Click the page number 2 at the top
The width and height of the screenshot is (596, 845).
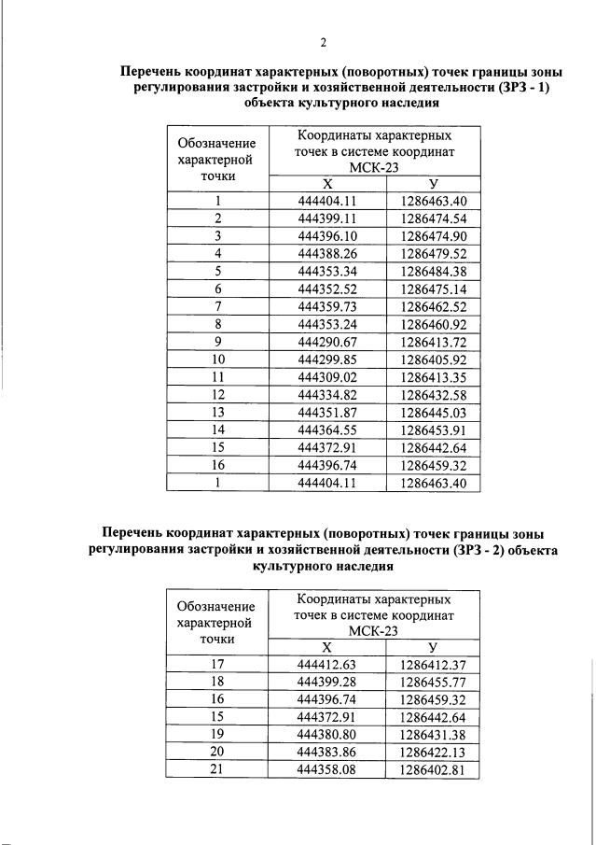[x=322, y=42]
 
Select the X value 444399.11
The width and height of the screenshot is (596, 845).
[x=326, y=218]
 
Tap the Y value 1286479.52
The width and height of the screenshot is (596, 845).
[x=433, y=253]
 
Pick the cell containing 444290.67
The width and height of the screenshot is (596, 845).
[x=326, y=342]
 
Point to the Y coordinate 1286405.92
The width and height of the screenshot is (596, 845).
[x=433, y=359]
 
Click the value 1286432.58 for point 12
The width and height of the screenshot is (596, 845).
[x=433, y=395]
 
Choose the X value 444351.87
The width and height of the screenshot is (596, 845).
[x=326, y=413]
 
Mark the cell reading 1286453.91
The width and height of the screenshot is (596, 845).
[x=433, y=430]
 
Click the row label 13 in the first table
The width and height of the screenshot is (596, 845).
[x=217, y=413]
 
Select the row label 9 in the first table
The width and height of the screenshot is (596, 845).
[x=217, y=342]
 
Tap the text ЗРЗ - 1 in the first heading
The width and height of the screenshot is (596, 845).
[x=527, y=87]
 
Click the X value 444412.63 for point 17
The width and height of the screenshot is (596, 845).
[x=326, y=664]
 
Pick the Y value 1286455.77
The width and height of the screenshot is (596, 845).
[x=433, y=682]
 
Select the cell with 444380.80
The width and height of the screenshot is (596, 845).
[x=326, y=735]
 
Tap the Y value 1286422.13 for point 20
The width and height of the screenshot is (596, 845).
[x=433, y=753]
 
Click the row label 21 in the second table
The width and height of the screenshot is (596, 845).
[x=217, y=770]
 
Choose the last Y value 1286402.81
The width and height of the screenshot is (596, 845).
[x=433, y=770]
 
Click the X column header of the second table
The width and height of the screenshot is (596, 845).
[x=326, y=646]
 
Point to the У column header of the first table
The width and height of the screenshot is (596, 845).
[x=433, y=183]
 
